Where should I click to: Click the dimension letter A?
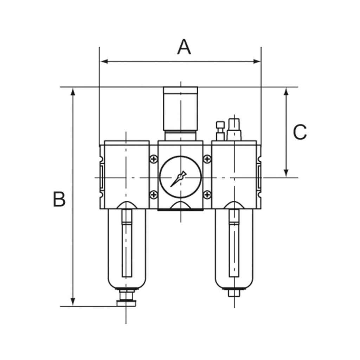[x=184, y=47]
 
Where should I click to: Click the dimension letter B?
[x=59, y=199]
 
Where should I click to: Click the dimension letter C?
[x=300, y=133]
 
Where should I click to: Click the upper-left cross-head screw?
[x=153, y=160]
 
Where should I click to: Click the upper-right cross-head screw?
[x=207, y=160]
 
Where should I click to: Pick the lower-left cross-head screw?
[x=153, y=194]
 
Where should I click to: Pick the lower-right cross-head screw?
[x=207, y=194]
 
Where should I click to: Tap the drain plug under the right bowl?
[x=234, y=292]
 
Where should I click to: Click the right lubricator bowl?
[x=234, y=246]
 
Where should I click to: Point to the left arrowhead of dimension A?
[x=104, y=62]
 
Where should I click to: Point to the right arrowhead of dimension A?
[x=257, y=62]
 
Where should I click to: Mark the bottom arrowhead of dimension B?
[x=73, y=302]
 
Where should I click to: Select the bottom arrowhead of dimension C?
[x=286, y=172]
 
